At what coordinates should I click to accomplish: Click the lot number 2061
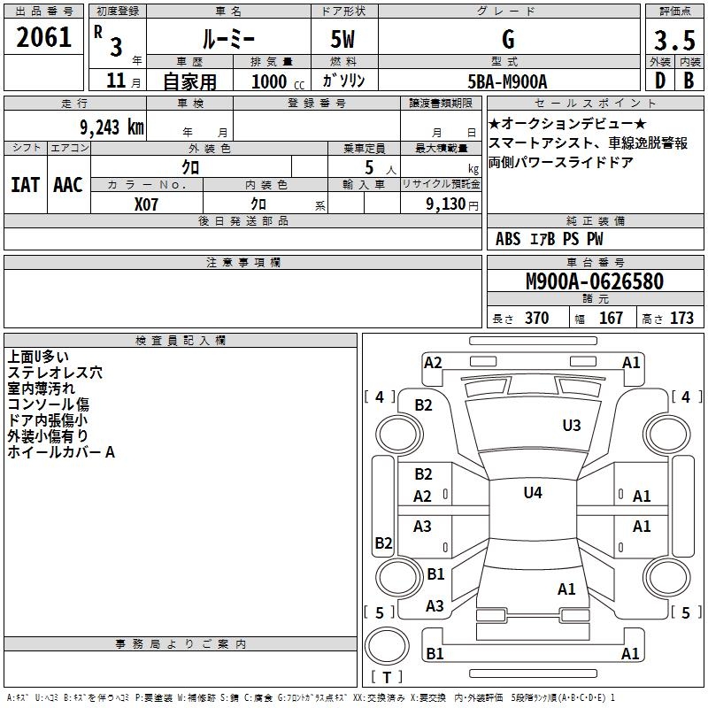(x=44, y=36)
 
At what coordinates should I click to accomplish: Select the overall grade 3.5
(x=674, y=41)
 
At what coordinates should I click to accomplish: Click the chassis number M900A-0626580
(x=594, y=282)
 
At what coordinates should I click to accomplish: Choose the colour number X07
(x=147, y=204)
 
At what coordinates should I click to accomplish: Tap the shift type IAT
(x=25, y=185)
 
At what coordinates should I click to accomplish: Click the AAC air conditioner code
(x=68, y=185)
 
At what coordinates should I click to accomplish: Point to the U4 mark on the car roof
(x=533, y=492)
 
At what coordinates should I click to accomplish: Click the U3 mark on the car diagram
(x=572, y=426)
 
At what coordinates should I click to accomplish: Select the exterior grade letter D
(x=659, y=81)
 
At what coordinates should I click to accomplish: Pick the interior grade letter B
(x=689, y=81)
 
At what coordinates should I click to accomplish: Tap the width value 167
(x=612, y=319)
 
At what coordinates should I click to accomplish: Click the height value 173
(x=681, y=319)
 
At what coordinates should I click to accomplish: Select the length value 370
(x=536, y=319)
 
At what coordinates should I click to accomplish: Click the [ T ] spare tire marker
(x=386, y=678)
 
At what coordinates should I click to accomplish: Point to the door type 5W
(x=345, y=40)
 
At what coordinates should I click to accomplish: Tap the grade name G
(x=508, y=40)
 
